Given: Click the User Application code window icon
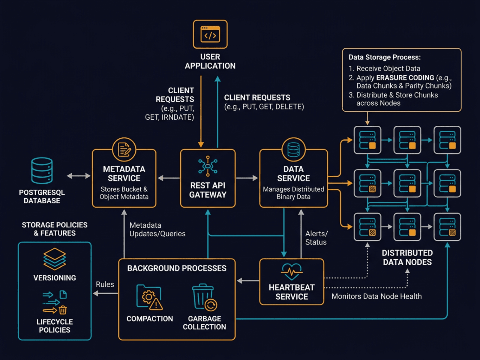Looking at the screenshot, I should pyautogui.click(x=210, y=34).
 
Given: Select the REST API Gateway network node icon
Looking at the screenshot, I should pyautogui.click(x=208, y=166).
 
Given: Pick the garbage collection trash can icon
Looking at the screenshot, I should pyautogui.click(x=204, y=297).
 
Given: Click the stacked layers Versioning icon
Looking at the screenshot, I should pyautogui.click(x=55, y=259).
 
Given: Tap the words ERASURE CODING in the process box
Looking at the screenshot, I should pyautogui.click(x=405, y=78).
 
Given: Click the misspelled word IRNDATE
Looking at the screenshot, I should pyautogui.click(x=178, y=117).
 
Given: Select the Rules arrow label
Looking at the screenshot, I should pyautogui.click(x=105, y=284).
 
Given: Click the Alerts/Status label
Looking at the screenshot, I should pyautogui.click(x=316, y=238).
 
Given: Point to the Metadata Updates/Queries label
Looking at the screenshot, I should pyautogui.click(x=157, y=229).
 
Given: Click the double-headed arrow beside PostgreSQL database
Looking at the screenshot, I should pyautogui.click(x=78, y=176).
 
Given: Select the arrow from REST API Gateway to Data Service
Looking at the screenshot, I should pyautogui.click(x=247, y=178).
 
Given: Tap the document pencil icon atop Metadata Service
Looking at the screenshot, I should pyautogui.click(x=124, y=149).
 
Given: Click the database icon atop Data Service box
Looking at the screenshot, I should pyautogui.click(x=293, y=149).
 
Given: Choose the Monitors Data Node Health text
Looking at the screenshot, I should pyautogui.click(x=376, y=296).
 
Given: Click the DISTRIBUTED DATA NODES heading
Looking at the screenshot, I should pyautogui.click(x=407, y=257).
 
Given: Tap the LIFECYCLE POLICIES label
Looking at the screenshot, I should pyautogui.click(x=55, y=326).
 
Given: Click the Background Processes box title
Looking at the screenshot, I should pyautogui.click(x=177, y=268).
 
